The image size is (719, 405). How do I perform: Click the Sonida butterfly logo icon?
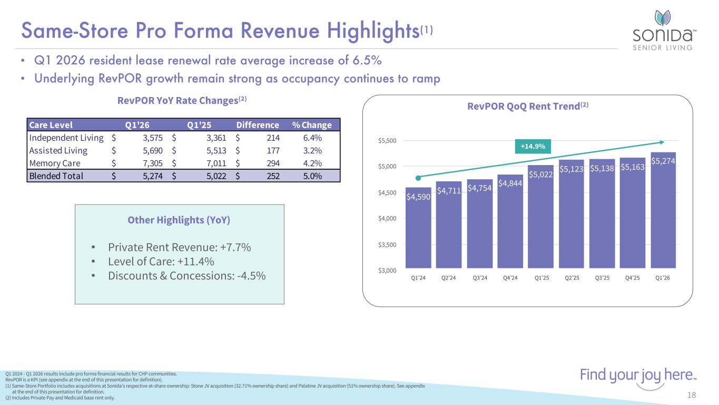pyautogui.click(x=662, y=18)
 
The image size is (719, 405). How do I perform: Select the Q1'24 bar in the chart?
pyautogui.click(x=418, y=228)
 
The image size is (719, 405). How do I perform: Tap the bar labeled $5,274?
pyautogui.click(x=663, y=210)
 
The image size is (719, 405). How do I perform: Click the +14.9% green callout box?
pyautogui.click(x=533, y=146)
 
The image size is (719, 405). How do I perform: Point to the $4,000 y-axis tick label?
pyautogui.click(x=387, y=218)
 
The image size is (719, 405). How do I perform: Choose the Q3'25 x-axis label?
pyautogui.click(x=602, y=278)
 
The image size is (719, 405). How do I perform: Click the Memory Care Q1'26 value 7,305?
pyautogui.click(x=152, y=163)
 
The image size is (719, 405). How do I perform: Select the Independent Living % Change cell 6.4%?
pyautogui.click(x=312, y=138)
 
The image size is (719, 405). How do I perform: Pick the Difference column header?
pyautogui.click(x=258, y=125)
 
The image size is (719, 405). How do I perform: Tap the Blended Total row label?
pyautogui.click(x=56, y=176)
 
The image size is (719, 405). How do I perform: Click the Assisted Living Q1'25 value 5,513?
pyautogui.click(x=216, y=150)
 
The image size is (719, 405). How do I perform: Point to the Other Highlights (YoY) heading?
pyautogui.click(x=179, y=220)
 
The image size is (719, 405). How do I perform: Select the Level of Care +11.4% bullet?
pyautogui.click(x=161, y=262)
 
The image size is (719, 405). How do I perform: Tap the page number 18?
pyautogui.click(x=692, y=395)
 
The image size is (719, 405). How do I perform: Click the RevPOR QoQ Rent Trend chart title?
pyautogui.click(x=528, y=106)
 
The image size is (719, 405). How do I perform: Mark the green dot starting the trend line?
pyautogui.click(x=418, y=178)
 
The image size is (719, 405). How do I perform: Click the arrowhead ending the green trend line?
pyautogui.click(x=662, y=142)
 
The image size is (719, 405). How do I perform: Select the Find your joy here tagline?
pyautogui.click(x=638, y=375)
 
